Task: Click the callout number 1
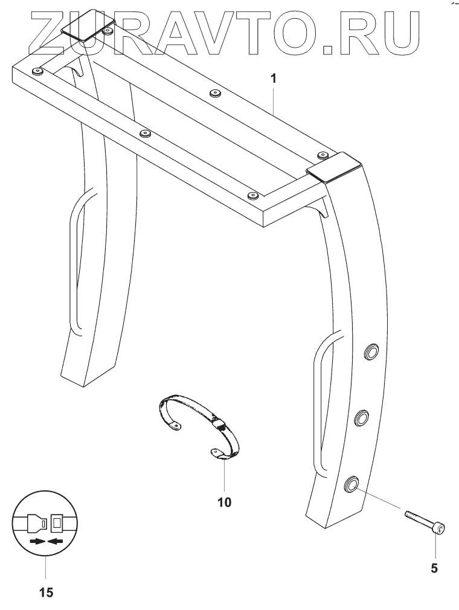click(x=273, y=79)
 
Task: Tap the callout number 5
click(x=434, y=568)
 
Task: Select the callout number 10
click(x=223, y=501)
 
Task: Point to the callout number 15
click(x=46, y=592)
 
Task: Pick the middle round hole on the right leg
click(x=361, y=417)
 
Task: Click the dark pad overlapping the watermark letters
click(x=88, y=28)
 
